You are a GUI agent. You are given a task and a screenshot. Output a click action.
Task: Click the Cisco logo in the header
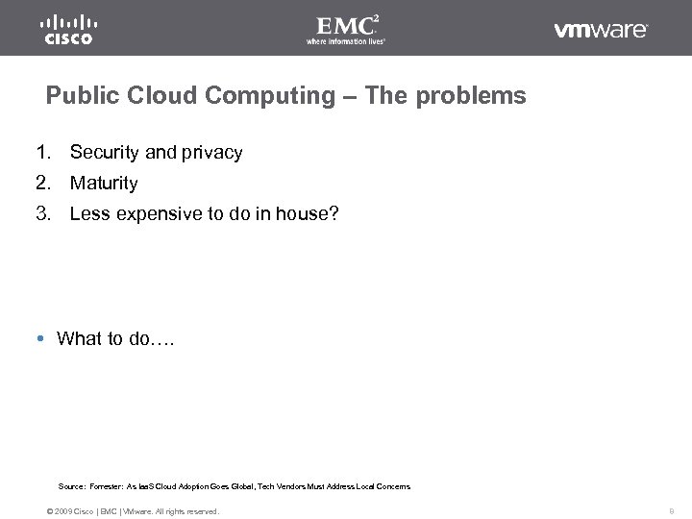[x=67, y=29]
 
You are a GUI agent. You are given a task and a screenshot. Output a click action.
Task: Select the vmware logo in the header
[x=601, y=30]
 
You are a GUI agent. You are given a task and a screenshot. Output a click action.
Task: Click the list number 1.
[x=43, y=152]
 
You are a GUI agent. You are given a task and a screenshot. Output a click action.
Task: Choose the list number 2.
[x=43, y=183]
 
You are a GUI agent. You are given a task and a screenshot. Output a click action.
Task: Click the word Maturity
[x=104, y=183]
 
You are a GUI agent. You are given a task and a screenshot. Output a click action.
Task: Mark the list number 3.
[x=43, y=213]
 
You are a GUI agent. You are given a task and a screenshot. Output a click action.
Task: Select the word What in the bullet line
[x=79, y=338]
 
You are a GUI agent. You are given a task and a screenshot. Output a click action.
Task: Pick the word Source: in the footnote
[x=72, y=487]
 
